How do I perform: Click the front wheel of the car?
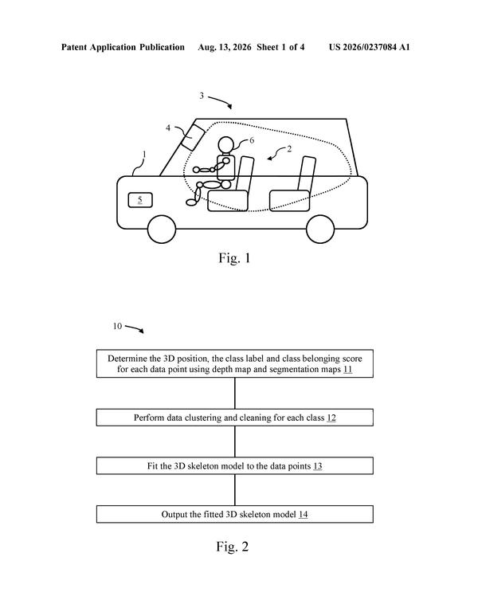(162, 230)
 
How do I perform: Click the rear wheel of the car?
(320, 230)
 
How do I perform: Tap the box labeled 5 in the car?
(140, 200)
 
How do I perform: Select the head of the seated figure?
(226, 145)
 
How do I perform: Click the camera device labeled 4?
(193, 136)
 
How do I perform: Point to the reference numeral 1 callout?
(144, 155)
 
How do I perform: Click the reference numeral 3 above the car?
(202, 96)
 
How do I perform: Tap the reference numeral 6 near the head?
(252, 140)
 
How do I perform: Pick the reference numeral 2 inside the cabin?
(289, 149)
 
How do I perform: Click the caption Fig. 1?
(234, 258)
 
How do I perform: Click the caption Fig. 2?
(233, 547)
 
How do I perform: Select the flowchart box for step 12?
(235, 418)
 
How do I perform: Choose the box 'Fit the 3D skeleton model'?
(235, 466)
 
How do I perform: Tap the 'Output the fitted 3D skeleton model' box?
(235, 514)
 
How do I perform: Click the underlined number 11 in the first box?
(347, 369)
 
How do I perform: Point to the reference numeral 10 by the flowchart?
(117, 326)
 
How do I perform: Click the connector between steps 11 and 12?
(235, 393)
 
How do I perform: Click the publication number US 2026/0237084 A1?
(369, 47)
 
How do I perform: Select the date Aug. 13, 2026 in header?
(225, 47)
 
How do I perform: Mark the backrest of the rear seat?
(307, 174)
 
